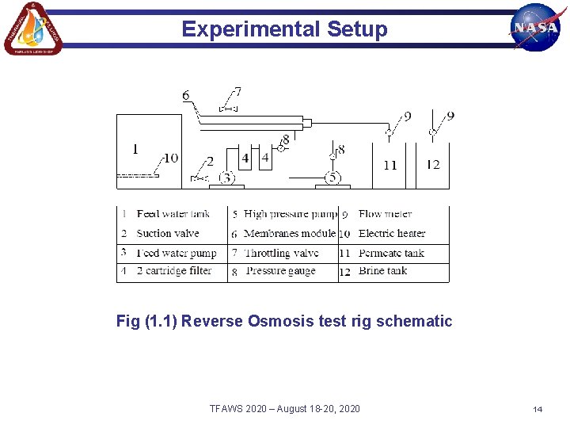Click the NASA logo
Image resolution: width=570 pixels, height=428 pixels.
[536, 27]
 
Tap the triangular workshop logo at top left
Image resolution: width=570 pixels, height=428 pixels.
[33, 29]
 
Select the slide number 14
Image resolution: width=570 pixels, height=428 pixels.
[538, 409]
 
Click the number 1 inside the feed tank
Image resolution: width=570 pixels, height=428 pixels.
[135, 149]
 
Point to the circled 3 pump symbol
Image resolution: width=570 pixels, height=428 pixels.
[227, 178]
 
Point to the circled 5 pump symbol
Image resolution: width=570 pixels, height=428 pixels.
[333, 178]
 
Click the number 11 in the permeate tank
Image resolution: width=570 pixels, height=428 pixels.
[389, 165]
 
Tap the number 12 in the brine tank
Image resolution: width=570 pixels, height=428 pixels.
[433, 164]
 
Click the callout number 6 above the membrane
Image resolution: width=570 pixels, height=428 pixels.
[186, 96]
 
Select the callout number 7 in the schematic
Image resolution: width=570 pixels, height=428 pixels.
[237, 92]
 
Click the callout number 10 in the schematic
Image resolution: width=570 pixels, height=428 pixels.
[171, 159]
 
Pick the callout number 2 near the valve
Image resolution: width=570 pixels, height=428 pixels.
[211, 162]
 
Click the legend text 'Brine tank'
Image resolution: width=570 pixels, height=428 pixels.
[382, 271]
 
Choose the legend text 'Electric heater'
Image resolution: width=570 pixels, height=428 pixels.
[392, 234]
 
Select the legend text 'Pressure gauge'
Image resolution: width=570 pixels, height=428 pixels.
[280, 271]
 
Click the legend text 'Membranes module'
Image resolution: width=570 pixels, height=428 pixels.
[290, 234]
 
